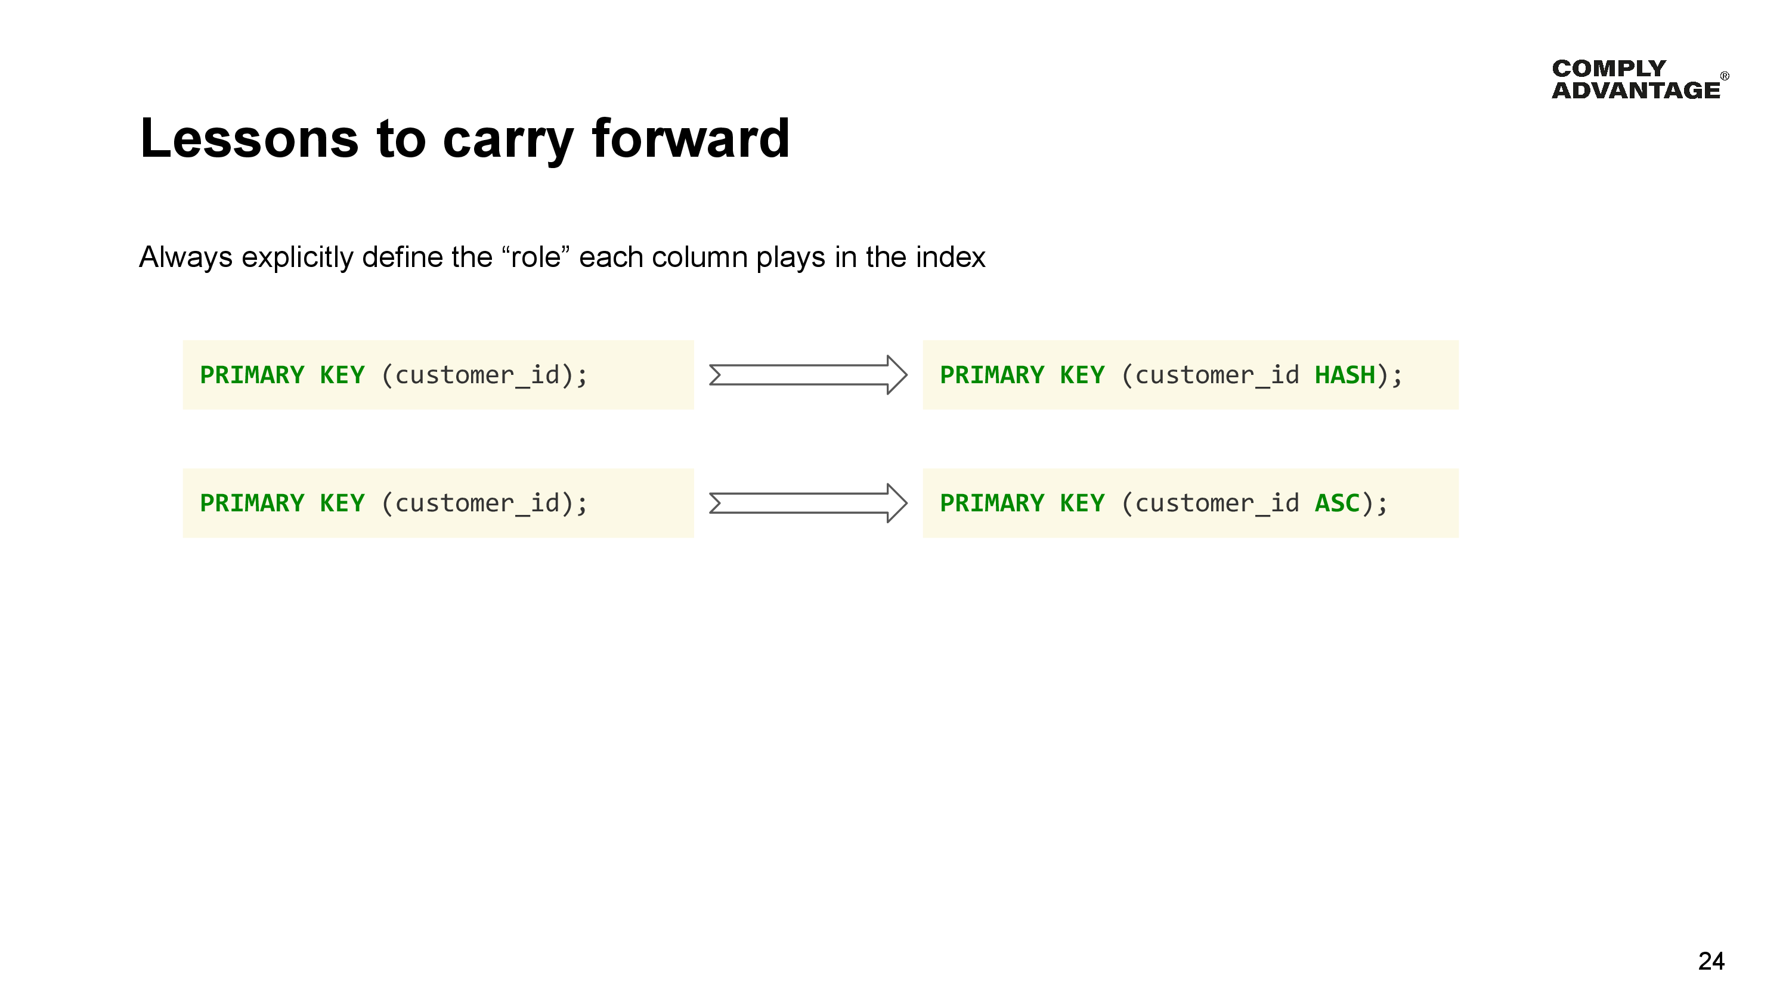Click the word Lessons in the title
[x=249, y=138]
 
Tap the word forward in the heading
[x=691, y=138]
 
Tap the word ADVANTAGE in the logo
[x=1636, y=90]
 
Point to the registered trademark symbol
[x=1725, y=76]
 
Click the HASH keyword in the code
[x=1345, y=375]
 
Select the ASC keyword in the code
[x=1337, y=502]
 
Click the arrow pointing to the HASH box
[x=807, y=375]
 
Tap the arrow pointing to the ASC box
[x=807, y=502]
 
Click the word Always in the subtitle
[x=185, y=257]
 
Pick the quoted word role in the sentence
[x=536, y=257]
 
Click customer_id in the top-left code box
[x=477, y=375]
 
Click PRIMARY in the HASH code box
[x=992, y=375]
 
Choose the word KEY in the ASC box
[x=1081, y=502]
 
